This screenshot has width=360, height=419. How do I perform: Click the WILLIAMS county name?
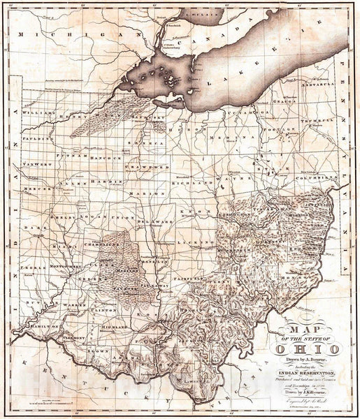[38, 112]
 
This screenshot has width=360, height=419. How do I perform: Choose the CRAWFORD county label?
[143, 168]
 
